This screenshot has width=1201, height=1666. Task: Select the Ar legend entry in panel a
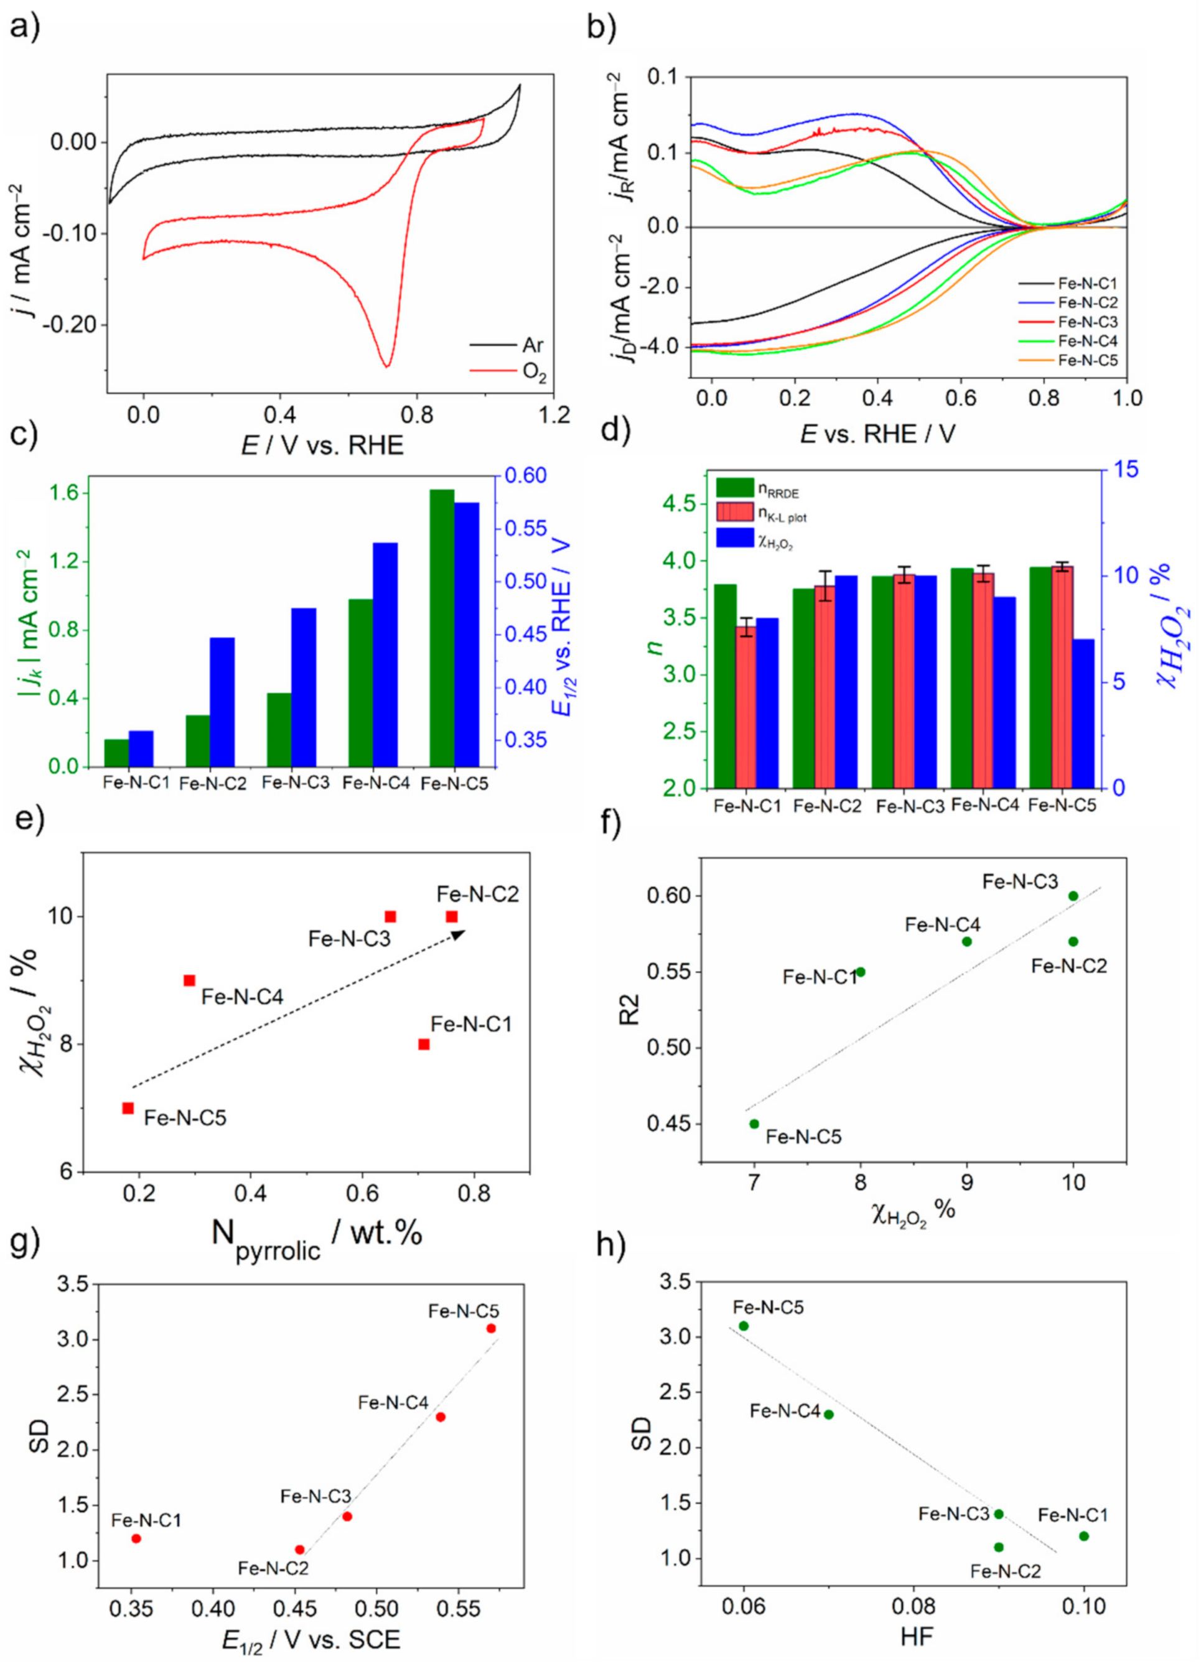coord(506,345)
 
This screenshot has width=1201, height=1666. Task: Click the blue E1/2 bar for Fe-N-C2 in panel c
coord(222,702)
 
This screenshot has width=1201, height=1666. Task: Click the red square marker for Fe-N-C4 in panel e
coord(190,980)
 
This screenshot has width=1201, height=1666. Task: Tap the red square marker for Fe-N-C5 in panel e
coord(128,1108)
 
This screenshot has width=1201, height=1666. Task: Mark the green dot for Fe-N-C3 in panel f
coord(1073,895)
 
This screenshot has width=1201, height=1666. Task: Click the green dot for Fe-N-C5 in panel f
coord(754,1123)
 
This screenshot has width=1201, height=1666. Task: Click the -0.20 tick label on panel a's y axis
coord(72,325)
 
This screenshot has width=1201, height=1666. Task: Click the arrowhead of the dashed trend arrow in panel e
coord(459,934)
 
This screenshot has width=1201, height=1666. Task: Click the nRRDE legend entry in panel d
coord(757,489)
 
